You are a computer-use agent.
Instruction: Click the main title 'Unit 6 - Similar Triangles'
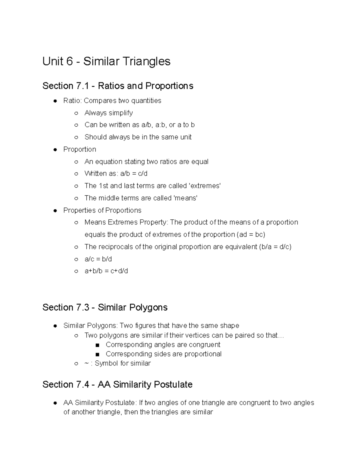click(x=106, y=62)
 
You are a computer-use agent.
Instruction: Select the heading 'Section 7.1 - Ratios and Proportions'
click(x=118, y=86)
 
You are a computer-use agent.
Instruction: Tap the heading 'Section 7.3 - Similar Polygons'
click(x=105, y=308)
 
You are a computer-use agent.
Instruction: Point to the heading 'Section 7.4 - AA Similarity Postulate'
click(x=117, y=384)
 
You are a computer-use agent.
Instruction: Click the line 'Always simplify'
click(x=108, y=113)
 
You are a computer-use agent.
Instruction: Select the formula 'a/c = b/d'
click(x=98, y=259)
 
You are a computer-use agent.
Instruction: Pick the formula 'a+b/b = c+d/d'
click(x=106, y=271)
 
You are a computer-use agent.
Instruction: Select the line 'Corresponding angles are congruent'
click(x=163, y=344)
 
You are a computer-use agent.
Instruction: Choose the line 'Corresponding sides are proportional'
click(x=163, y=354)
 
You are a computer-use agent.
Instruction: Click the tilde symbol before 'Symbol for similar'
click(x=86, y=363)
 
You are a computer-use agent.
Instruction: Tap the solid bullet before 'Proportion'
click(x=55, y=149)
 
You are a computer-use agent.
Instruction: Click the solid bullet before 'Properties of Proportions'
click(x=55, y=210)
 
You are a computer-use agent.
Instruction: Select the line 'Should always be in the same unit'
click(x=138, y=137)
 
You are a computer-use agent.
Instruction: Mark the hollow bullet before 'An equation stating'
click(x=76, y=162)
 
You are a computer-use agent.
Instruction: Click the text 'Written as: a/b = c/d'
click(x=116, y=174)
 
